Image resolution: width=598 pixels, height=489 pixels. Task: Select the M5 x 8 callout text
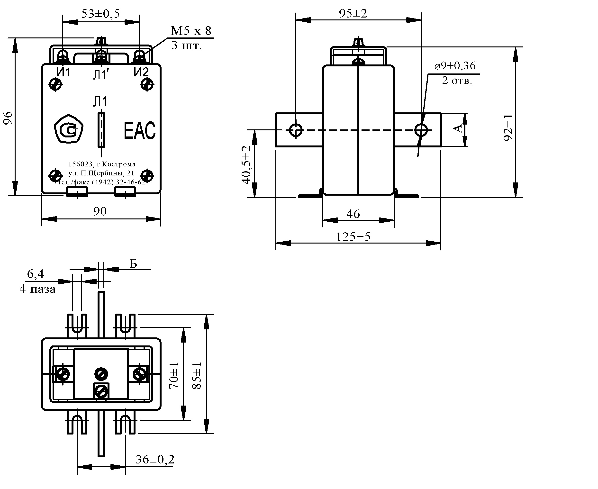[191, 31]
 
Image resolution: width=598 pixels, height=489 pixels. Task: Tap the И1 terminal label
[63, 73]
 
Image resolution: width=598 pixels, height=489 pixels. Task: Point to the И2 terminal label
[141, 73]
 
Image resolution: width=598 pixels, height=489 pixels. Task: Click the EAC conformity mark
[140, 130]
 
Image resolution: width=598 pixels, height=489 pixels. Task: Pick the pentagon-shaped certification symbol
[68, 129]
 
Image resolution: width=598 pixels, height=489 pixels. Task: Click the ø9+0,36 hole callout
[455, 66]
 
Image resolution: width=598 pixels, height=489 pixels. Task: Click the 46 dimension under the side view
[353, 214]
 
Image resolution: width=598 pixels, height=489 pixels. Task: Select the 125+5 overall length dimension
[353, 237]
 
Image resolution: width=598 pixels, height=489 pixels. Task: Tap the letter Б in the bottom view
[133, 264]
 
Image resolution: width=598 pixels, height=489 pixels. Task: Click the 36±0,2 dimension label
[155, 459]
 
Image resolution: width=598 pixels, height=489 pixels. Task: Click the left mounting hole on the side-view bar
[296, 130]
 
